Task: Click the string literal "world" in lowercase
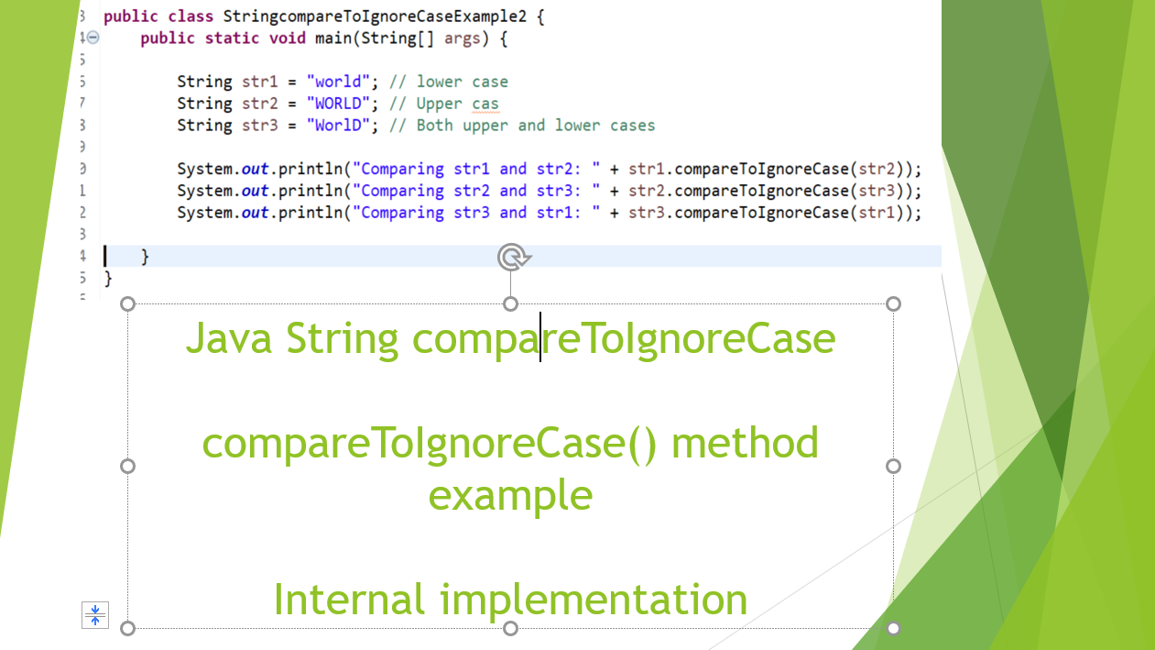[x=339, y=82]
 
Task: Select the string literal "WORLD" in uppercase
[x=339, y=104]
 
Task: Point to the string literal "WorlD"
[x=339, y=126]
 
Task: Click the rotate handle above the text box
[x=512, y=258]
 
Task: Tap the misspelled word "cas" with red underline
[x=485, y=104]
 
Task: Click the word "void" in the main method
[x=288, y=39]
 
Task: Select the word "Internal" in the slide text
[x=349, y=600]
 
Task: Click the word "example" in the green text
[x=510, y=495]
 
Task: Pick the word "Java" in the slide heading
[x=229, y=338]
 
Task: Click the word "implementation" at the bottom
[x=594, y=600]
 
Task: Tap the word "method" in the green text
[x=744, y=444]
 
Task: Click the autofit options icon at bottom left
[x=95, y=615]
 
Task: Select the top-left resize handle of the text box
[x=128, y=303]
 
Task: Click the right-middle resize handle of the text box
[x=893, y=466]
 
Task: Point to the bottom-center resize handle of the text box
[x=511, y=628]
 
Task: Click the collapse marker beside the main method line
[x=93, y=39]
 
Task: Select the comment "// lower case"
[x=449, y=82]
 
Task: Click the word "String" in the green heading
[x=343, y=338]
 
